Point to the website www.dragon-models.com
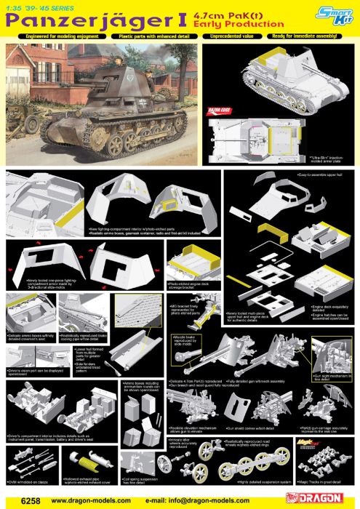pyautogui.click(x=88, y=500)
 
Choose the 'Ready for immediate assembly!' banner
pyautogui.click(x=313, y=35)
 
